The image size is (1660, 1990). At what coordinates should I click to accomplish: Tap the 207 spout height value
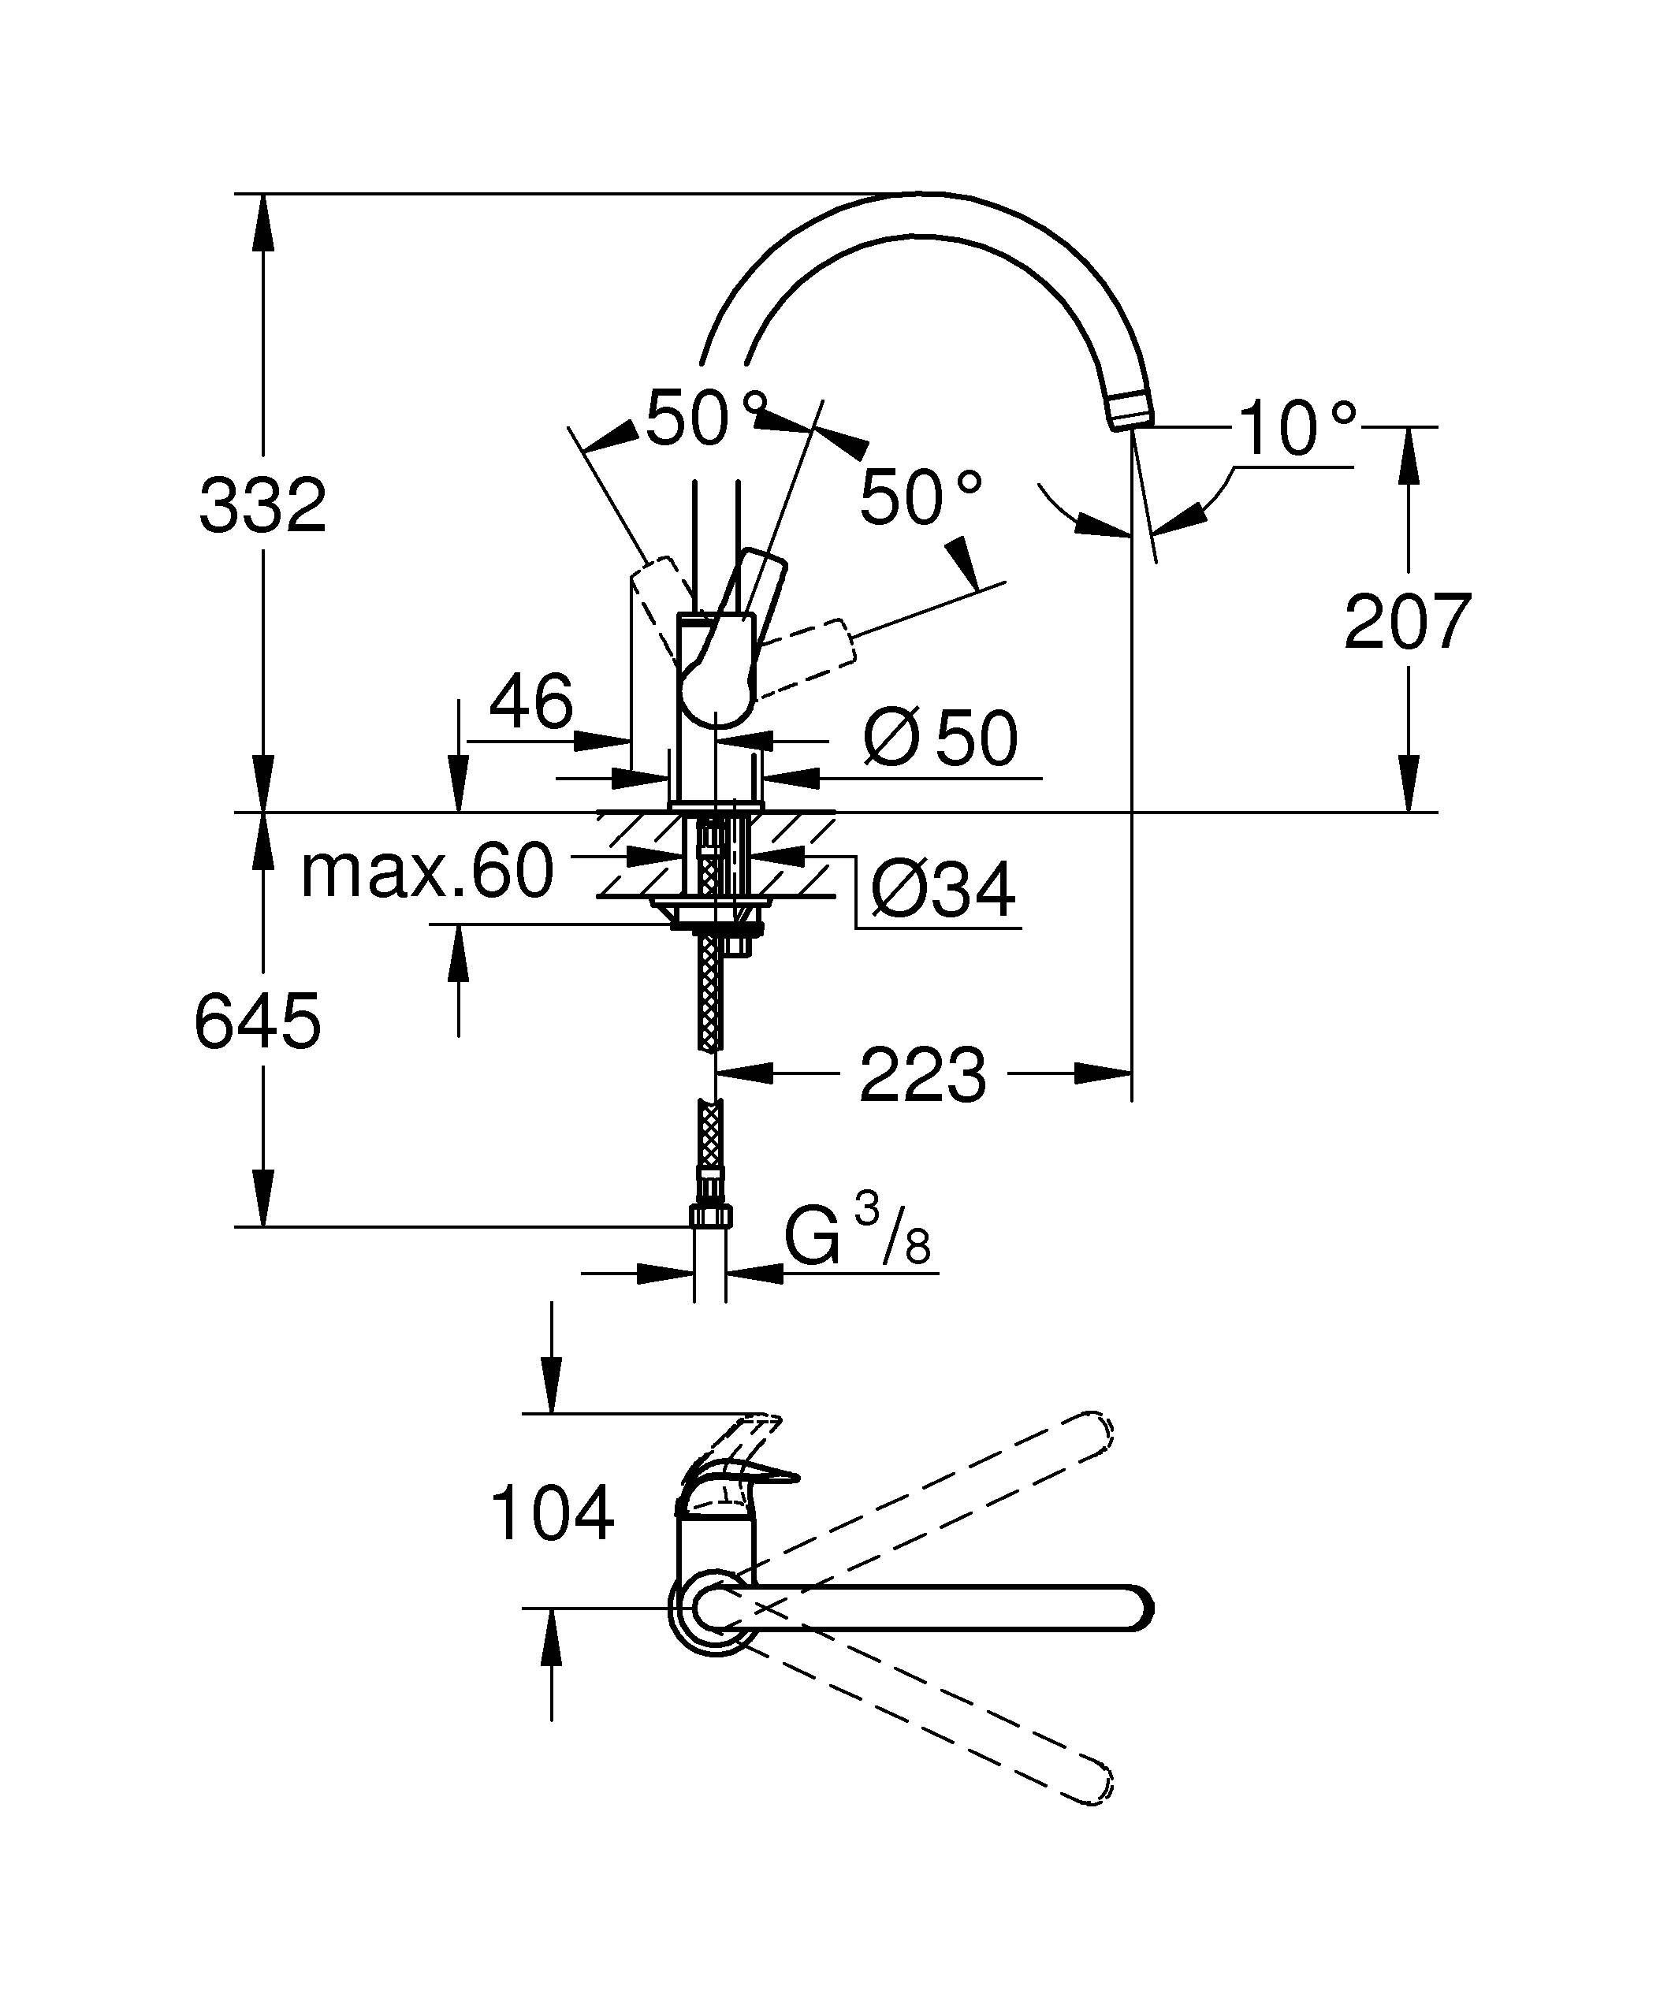pos(1407,622)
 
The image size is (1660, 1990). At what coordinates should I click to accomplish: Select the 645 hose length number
pos(258,1021)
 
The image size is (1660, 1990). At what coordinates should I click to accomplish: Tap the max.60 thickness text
pos(426,871)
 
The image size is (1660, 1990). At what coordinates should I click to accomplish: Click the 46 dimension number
pos(530,701)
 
